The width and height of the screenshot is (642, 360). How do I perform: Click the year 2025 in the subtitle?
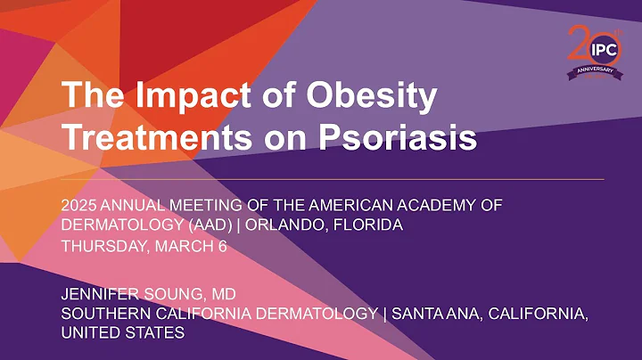tap(78, 205)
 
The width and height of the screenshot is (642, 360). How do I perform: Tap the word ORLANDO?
tap(278, 225)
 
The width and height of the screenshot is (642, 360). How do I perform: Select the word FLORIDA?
tap(366, 225)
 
